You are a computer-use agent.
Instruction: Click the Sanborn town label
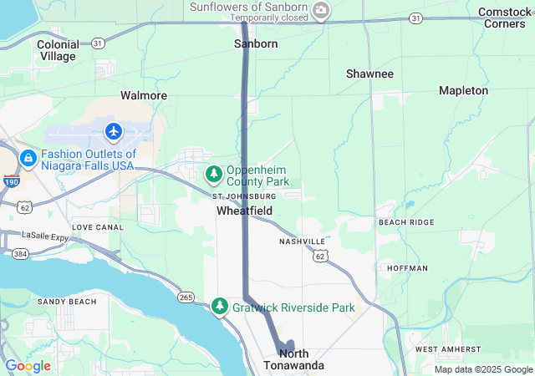tap(255, 43)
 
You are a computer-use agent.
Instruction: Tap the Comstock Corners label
tap(505, 18)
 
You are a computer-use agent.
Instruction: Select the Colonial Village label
tap(58, 50)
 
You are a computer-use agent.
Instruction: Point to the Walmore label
tap(144, 95)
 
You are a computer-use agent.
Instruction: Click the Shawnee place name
tap(369, 74)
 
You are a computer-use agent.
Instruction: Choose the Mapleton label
tap(463, 90)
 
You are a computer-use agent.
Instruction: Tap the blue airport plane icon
tap(114, 131)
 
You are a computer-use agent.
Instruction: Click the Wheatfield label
tap(244, 211)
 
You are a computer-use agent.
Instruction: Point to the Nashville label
tap(303, 241)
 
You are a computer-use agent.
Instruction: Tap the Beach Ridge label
tap(406, 222)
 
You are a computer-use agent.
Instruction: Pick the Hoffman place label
tap(407, 268)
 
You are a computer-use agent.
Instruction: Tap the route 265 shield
tap(186, 297)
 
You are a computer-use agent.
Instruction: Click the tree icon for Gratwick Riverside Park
tap(220, 307)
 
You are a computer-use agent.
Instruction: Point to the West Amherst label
tap(447, 348)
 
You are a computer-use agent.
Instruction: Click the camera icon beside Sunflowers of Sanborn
tap(322, 10)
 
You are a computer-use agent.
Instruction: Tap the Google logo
tap(28, 366)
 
